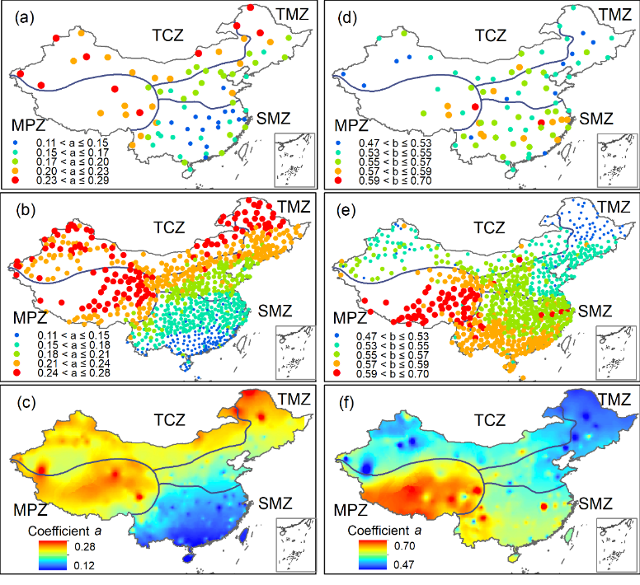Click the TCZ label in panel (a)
[170, 34]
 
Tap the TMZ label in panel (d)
[612, 14]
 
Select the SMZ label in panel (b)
[273, 311]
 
